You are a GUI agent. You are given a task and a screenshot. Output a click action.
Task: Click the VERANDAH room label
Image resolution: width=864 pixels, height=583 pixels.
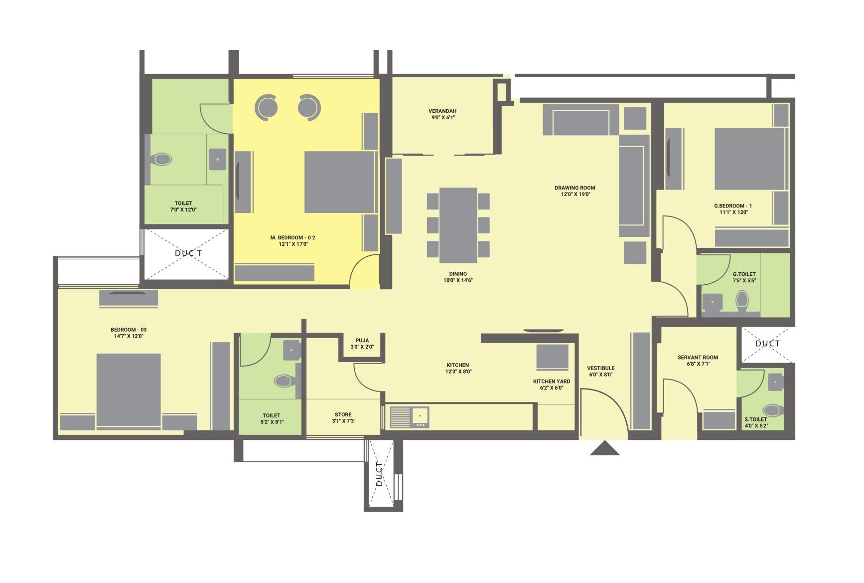point(442,111)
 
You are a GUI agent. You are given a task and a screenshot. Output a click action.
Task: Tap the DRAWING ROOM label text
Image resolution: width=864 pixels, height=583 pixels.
point(575,188)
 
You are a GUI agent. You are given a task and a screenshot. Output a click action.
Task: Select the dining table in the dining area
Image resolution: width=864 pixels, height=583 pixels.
point(458,225)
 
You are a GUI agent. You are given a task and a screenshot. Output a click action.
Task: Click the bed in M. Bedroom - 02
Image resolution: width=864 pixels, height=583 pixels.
point(339,182)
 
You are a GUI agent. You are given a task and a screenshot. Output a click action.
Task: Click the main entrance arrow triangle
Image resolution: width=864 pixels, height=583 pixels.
point(604,448)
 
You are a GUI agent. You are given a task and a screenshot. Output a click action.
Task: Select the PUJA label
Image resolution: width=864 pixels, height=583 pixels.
point(362,341)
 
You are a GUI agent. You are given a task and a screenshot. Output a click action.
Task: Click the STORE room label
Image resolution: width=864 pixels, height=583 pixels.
point(343,414)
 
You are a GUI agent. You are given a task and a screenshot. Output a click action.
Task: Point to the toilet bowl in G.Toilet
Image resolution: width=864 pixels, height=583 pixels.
point(742,301)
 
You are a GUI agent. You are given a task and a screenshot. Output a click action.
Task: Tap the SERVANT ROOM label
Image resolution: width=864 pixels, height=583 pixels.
point(698,358)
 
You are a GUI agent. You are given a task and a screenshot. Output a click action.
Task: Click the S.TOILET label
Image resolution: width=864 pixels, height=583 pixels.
point(755,419)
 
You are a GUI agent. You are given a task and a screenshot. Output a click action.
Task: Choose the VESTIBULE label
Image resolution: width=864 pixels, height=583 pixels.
point(600,368)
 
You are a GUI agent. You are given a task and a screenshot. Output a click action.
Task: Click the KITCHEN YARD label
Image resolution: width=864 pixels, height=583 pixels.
point(551,382)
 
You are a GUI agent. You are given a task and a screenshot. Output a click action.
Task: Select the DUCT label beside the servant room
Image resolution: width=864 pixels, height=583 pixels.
point(767,344)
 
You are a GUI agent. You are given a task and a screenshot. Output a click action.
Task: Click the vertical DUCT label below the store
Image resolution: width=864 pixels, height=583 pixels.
point(379,474)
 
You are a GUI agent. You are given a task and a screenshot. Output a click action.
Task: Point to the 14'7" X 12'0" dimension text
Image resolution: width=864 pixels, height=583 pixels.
point(129,336)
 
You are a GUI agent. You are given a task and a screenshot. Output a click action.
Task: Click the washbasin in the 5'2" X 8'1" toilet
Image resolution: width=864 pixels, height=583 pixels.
point(291,350)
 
